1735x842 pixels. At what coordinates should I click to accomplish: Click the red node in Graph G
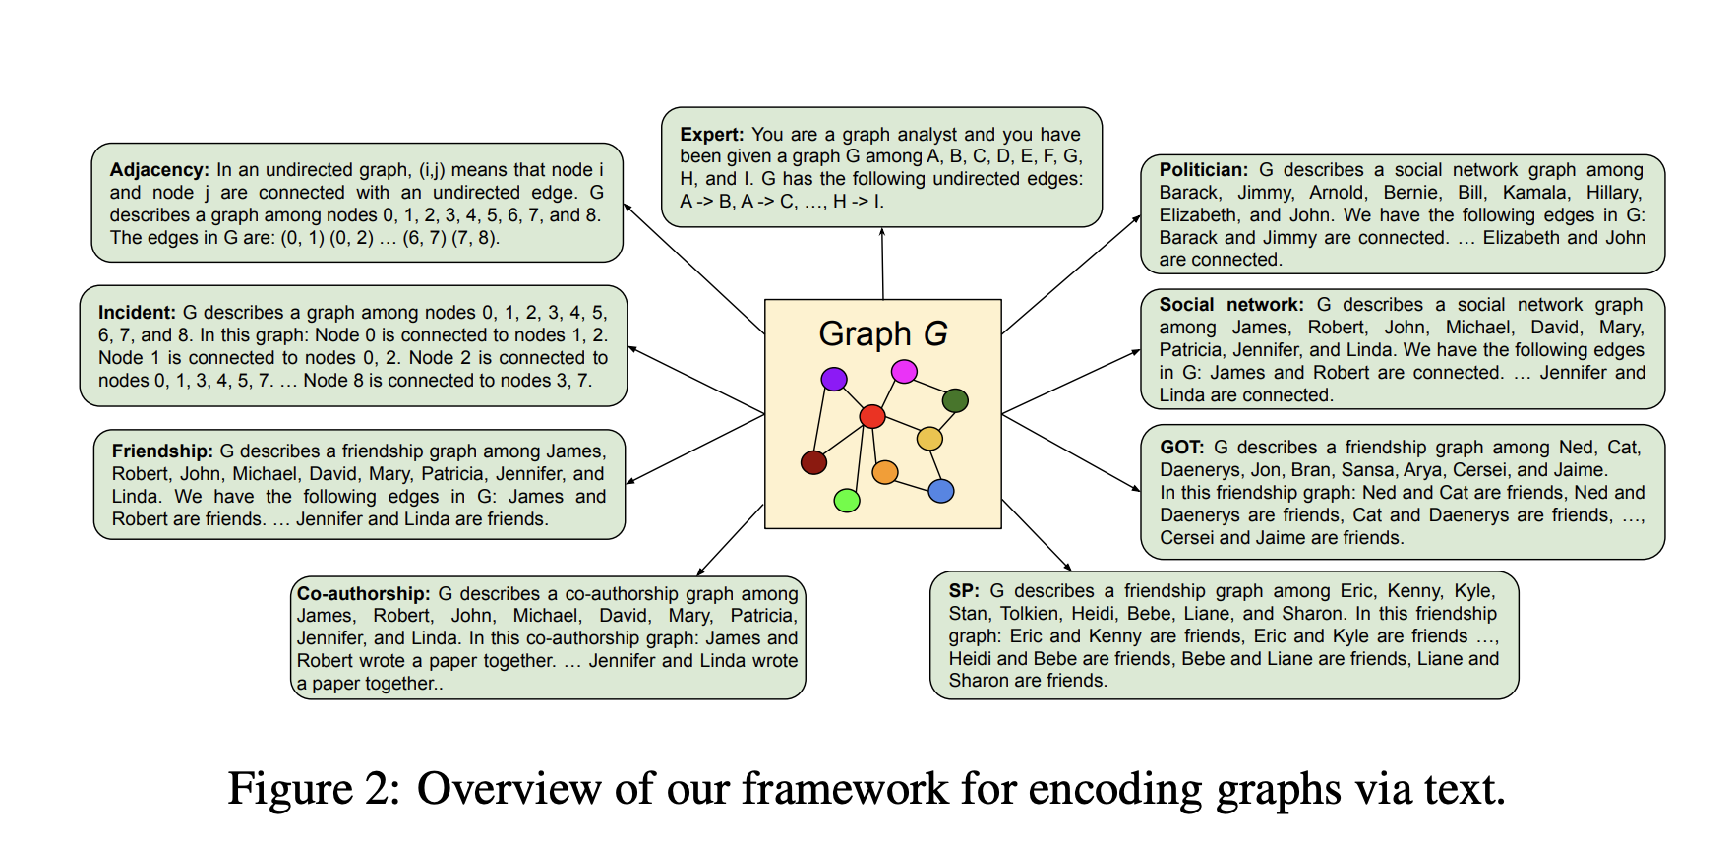tap(872, 416)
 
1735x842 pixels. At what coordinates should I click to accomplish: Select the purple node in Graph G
tap(834, 379)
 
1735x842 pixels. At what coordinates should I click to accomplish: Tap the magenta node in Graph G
tap(904, 371)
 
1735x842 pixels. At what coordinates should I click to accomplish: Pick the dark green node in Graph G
tap(955, 400)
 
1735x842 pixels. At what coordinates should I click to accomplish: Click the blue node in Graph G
tap(941, 491)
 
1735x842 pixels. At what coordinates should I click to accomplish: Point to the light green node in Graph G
tap(847, 501)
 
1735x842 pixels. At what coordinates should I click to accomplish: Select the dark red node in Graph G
tap(813, 462)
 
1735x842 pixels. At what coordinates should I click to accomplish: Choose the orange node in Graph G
tap(885, 473)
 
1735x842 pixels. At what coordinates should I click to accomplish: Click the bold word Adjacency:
tap(159, 170)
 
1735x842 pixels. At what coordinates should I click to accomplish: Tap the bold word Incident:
tap(137, 313)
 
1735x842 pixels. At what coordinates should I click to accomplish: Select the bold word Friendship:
tap(162, 451)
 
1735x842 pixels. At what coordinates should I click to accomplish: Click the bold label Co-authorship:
tap(363, 594)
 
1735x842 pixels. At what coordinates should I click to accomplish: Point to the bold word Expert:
tap(711, 135)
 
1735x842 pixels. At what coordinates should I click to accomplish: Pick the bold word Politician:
tap(1203, 170)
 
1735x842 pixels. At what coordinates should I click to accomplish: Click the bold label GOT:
tap(1181, 448)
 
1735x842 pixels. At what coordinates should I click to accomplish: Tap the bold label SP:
tap(963, 591)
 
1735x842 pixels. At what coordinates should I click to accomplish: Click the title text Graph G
tap(882, 334)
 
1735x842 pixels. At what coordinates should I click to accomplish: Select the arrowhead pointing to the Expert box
tap(882, 232)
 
